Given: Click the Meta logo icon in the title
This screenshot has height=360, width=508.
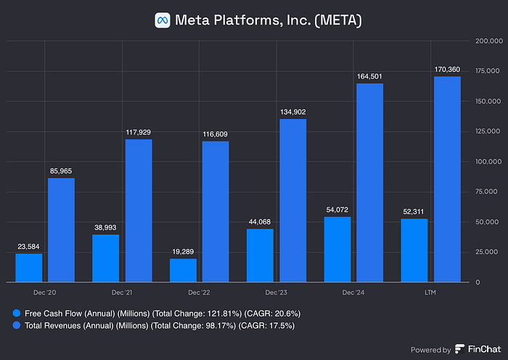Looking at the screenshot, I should coord(163,20).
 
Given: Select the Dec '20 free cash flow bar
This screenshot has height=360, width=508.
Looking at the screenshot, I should coord(28,267).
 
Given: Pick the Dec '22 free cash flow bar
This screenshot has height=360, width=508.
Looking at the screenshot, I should coord(183,270).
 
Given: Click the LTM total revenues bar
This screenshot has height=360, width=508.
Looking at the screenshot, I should coord(447,179).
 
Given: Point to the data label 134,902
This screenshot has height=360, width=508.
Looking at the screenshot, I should coord(292,111).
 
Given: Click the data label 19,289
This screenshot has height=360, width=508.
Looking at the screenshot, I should coord(183,251).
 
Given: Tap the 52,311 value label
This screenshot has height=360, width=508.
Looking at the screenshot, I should coord(414,211).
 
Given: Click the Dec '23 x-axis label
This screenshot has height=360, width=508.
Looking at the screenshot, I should coord(276,292).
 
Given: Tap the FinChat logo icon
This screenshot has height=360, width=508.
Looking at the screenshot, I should coord(460,349).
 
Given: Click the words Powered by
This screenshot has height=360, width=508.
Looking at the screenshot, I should coord(430,350).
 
